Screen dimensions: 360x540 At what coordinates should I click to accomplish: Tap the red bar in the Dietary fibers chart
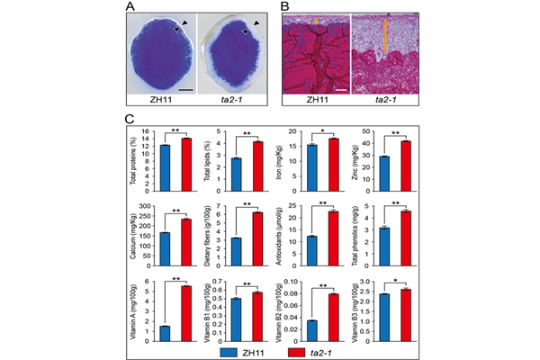[257, 239]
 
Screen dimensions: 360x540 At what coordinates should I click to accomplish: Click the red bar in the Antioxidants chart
[332, 238]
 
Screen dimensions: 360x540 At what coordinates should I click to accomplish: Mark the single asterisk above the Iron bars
[321, 129]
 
